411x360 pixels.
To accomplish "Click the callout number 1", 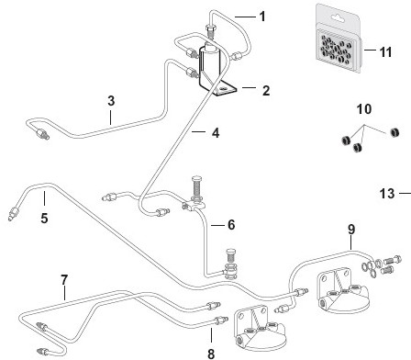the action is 262,17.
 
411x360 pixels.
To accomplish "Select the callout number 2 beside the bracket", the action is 266,91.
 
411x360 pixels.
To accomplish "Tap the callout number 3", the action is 111,101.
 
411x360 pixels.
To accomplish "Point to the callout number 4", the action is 216,133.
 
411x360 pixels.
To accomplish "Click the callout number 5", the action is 44,219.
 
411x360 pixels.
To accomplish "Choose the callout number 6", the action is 231,225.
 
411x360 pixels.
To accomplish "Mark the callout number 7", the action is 64,280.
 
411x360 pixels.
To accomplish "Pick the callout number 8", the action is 211,354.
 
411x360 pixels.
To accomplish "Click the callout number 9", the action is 351,230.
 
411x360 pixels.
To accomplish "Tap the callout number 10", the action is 364,109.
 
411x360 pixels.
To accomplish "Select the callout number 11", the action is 385,52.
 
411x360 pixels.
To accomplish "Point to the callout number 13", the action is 387,194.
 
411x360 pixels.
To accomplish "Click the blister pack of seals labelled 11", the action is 339,39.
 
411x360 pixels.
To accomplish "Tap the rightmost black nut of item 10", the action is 394,132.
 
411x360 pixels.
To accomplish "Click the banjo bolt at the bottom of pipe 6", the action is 231,264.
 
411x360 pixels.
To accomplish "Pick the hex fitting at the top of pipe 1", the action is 210,30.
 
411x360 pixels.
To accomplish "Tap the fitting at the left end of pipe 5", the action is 13,213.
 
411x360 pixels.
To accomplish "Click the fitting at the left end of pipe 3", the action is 41,134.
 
